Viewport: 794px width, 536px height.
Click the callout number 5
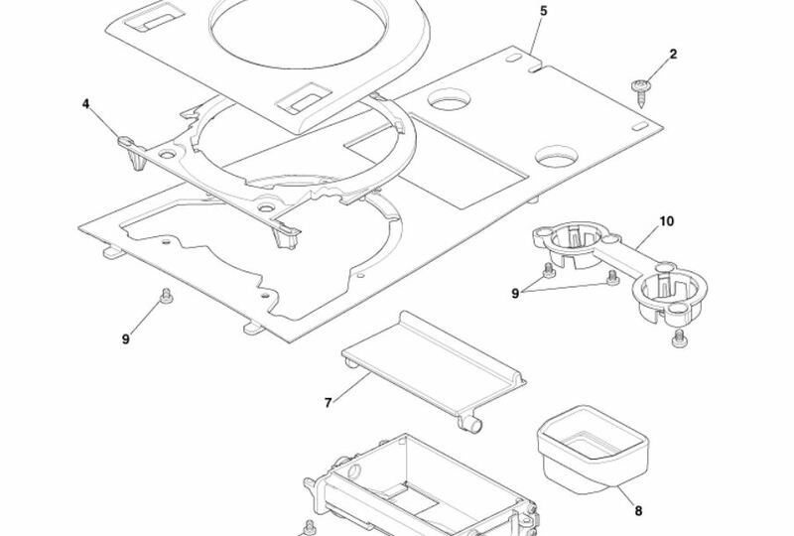tap(543, 11)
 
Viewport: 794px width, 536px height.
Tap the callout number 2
tap(673, 55)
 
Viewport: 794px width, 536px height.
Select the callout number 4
tap(85, 104)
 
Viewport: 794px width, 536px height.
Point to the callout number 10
tap(666, 221)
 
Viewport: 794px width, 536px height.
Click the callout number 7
tap(329, 403)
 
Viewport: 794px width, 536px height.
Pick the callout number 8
tap(638, 511)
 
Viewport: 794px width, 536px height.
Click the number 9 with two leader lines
tap(515, 294)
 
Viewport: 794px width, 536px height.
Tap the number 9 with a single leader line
tap(126, 339)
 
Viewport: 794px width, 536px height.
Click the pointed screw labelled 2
tap(641, 92)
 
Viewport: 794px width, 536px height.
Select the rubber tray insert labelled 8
tap(593, 451)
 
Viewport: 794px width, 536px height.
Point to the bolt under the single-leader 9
tap(166, 296)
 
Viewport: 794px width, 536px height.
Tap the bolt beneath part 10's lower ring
tap(680, 338)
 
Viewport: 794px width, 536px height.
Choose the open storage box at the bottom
tap(420, 486)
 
